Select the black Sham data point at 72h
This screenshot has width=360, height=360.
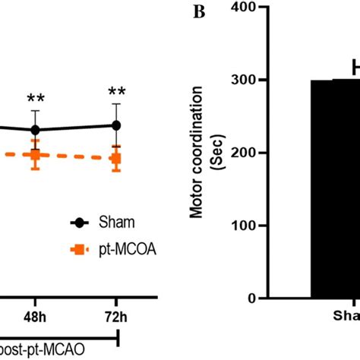click(116, 125)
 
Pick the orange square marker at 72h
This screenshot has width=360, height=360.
click(116, 158)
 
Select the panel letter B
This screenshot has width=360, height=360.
click(200, 11)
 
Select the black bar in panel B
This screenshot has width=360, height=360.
click(335, 190)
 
